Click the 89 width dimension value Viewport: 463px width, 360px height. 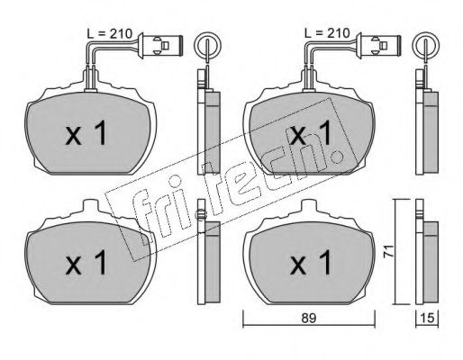(309, 318)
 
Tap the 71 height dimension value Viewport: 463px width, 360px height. (389, 251)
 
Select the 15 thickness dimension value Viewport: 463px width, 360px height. (427, 318)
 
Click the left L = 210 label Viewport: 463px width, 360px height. (109, 33)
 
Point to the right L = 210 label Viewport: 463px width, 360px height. (327, 33)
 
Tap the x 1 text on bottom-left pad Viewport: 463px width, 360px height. (86, 263)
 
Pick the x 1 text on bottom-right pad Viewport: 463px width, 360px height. (311, 263)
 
